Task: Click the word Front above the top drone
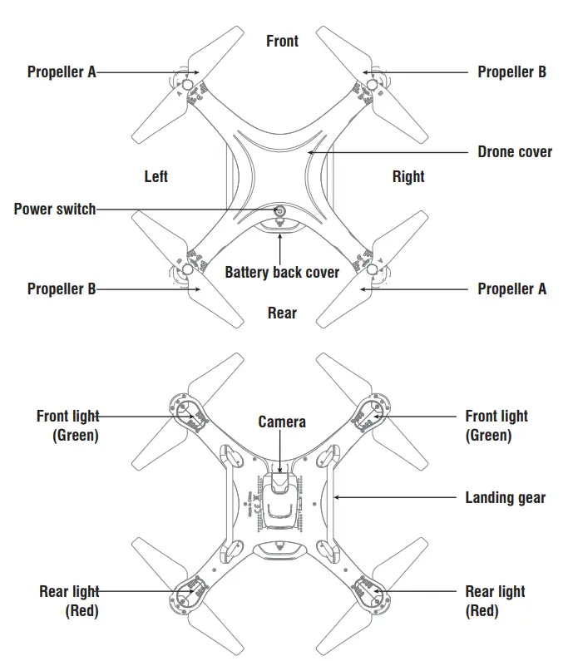(282, 41)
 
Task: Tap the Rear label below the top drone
(282, 313)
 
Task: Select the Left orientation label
(156, 176)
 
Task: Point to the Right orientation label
(408, 176)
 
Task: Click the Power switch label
(55, 209)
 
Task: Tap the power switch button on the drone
(280, 212)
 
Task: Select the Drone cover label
(515, 152)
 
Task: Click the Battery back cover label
(282, 272)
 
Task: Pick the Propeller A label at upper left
(62, 72)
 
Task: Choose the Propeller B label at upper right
(511, 72)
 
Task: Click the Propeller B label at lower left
(62, 289)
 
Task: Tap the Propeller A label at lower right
(511, 289)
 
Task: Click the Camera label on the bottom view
(282, 422)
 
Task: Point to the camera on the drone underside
(280, 483)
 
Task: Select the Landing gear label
(505, 497)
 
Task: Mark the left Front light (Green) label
(67, 425)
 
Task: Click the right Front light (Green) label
(496, 425)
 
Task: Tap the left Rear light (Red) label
(69, 600)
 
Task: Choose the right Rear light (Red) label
(495, 600)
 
